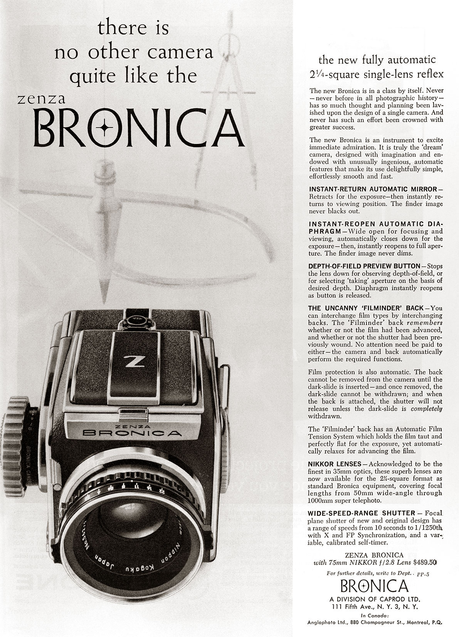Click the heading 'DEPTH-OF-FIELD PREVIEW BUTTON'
365,266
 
